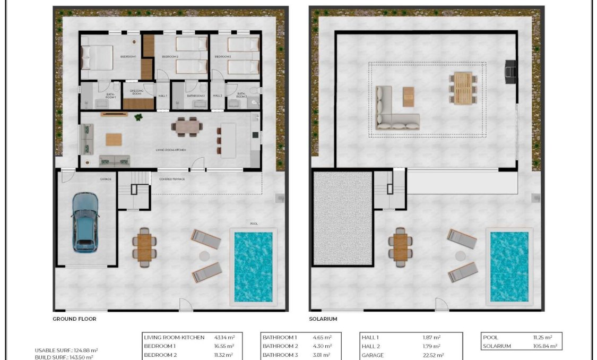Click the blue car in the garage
(x=85, y=221)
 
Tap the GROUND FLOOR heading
(x=74, y=319)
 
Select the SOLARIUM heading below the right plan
(x=323, y=319)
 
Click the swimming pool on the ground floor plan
(x=253, y=265)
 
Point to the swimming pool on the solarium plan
(x=509, y=265)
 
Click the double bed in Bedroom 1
(x=97, y=57)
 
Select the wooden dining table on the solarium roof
(x=463, y=88)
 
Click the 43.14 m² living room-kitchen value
(x=225, y=337)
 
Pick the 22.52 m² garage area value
(x=432, y=355)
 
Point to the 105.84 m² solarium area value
(x=546, y=346)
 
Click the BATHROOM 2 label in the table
(x=280, y=346)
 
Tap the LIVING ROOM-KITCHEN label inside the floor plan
(x=171, y=150)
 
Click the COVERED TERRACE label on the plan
(x=172, y=179)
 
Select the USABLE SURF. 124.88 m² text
(x=66, y=350)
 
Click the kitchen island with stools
(x=228, y=140)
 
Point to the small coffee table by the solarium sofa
(x=408, y=97)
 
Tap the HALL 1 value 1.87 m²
(x=431, y=337)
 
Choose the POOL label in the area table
(x=490, y=337)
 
